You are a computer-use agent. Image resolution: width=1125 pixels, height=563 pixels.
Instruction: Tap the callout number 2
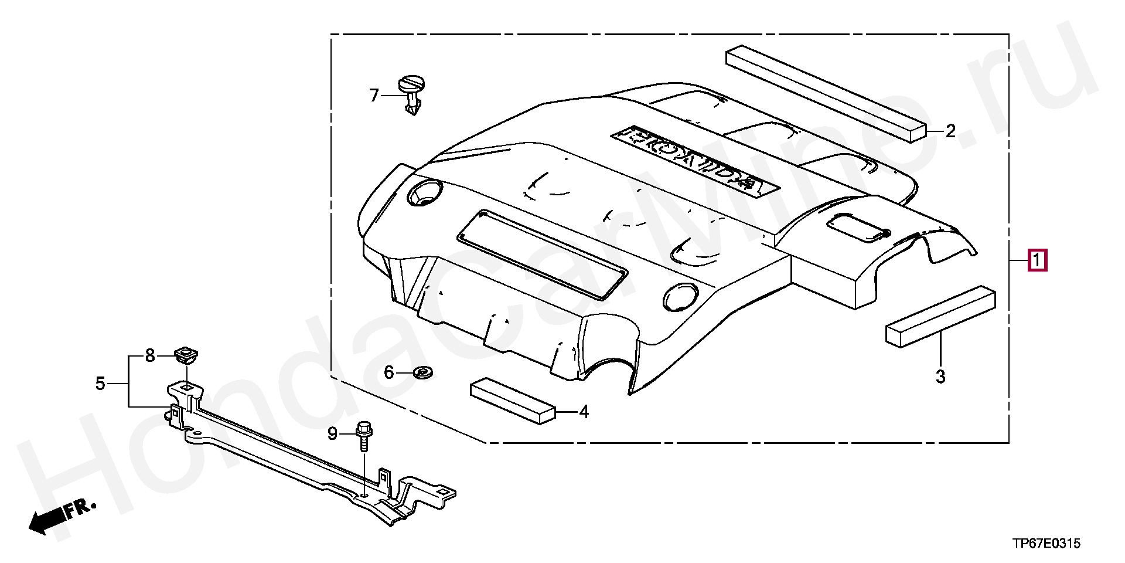(x=950, y=131)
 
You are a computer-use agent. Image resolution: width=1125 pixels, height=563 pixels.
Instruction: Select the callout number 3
(x=940, y=376)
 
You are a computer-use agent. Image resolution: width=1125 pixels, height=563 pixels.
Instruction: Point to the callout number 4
(x=584, y=412)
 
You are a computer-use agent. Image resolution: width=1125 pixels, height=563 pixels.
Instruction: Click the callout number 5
(x=100, y=384)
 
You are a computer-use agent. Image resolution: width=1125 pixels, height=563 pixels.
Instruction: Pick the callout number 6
(x=389, y=372)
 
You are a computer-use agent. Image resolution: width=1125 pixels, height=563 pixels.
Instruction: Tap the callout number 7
(x=374, y=95)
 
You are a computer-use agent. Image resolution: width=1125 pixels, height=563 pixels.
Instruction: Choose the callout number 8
(x=150, y=355)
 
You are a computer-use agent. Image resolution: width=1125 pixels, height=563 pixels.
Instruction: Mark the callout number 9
(x=332, y=433)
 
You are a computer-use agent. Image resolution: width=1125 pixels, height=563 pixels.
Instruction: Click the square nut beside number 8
(x=187, y=354)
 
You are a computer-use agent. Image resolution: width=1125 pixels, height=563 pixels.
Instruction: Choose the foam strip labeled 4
(x=512, y=400)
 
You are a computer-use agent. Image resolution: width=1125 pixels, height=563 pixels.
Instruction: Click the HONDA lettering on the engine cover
(x=695, y=158)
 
